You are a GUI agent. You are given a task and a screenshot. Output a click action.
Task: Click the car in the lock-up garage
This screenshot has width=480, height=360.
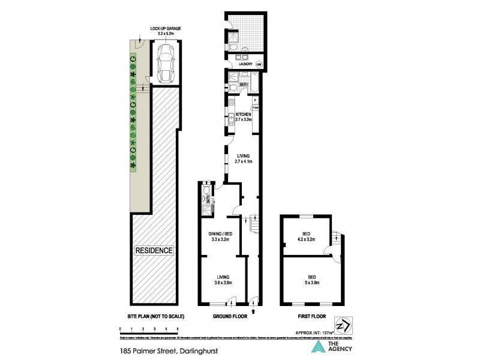click(x=164, y=63)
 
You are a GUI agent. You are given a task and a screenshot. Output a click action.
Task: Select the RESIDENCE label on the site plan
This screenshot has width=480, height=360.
click(x=154, y=250)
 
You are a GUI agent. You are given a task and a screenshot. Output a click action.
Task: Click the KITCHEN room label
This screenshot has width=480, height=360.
click(x=243, y=114)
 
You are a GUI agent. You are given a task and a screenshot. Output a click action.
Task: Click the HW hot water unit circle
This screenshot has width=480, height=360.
click(x=259, y=64)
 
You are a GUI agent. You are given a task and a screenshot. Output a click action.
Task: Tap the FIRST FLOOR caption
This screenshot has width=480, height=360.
click(x=309, y=316)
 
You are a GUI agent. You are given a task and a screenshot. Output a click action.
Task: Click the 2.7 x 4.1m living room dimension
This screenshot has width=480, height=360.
click(x=243, y=160)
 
